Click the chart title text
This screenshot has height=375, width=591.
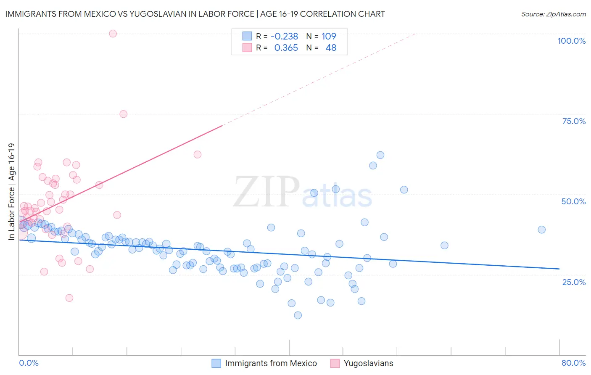point(195,14)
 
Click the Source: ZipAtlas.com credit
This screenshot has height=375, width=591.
point(553,14)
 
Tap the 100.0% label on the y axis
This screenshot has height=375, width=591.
point(571,41)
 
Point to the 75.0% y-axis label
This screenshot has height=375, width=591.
point(574,121)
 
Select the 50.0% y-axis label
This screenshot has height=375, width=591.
point(573,201)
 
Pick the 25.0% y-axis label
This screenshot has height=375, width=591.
point(574,282)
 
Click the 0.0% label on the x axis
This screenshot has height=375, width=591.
point(29,363)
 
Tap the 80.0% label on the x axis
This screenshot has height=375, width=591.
point(573,363)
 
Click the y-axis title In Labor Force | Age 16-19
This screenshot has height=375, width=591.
point(11,192)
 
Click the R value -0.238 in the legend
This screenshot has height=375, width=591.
point(284,36)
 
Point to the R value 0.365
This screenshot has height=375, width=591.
point(286,48)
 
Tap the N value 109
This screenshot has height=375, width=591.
point(329,36)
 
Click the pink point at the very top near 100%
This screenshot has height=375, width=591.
point(113,34)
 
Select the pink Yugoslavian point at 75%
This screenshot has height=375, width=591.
point(123,114)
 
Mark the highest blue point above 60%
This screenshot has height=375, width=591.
point(380,155)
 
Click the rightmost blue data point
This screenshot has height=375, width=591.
point(541,230)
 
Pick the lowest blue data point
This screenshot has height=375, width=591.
point(298,315)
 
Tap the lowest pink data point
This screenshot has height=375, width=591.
point(69,298)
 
